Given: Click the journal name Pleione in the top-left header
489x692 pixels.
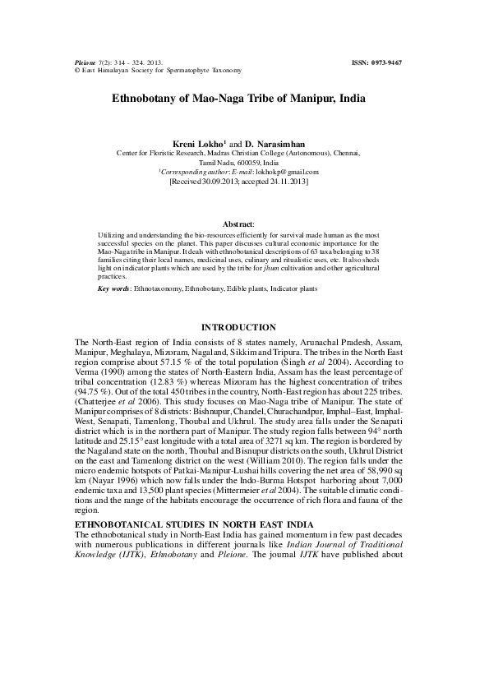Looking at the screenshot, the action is [x=85, y=62].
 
